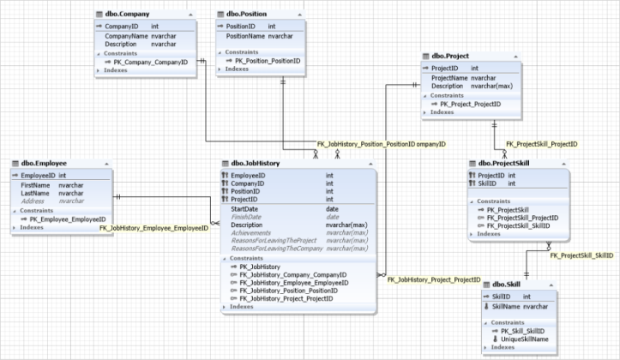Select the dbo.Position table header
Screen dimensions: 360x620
point(246,15)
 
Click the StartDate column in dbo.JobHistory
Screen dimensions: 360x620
point(244,208)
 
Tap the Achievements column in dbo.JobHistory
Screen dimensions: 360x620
point(255,232)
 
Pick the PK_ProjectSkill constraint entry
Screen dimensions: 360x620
point(508,209)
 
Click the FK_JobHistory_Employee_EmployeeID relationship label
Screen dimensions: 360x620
point(154,229)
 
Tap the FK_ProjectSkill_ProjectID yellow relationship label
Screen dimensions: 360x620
point(541,144)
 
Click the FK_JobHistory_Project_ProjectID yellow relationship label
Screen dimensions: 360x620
point(434,279)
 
